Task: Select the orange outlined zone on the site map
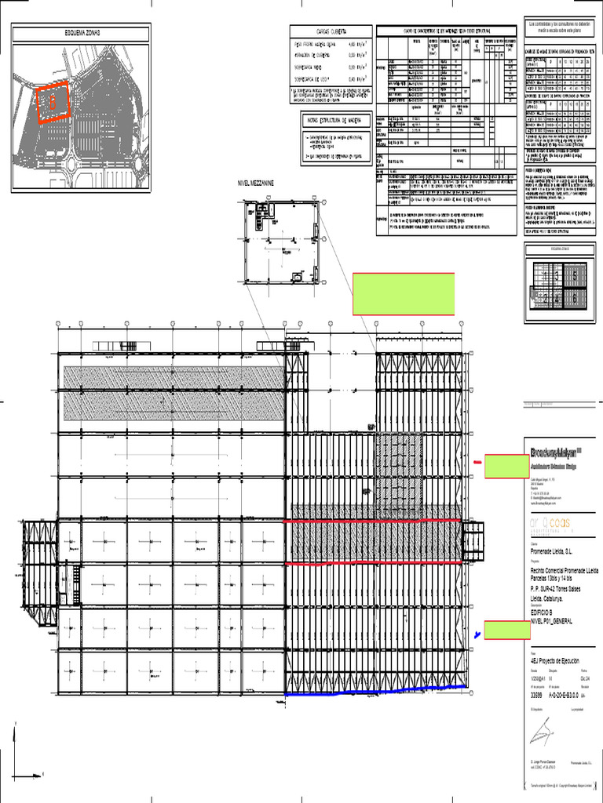click(53, 101)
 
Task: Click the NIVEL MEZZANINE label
click(258, 182)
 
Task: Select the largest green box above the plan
click(404, 294)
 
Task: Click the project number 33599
click(536, 694)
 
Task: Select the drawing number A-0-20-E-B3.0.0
click(568, 694)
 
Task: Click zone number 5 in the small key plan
click(574, 276)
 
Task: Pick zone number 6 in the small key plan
click(574, 298)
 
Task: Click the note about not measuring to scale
click(558, 30)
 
